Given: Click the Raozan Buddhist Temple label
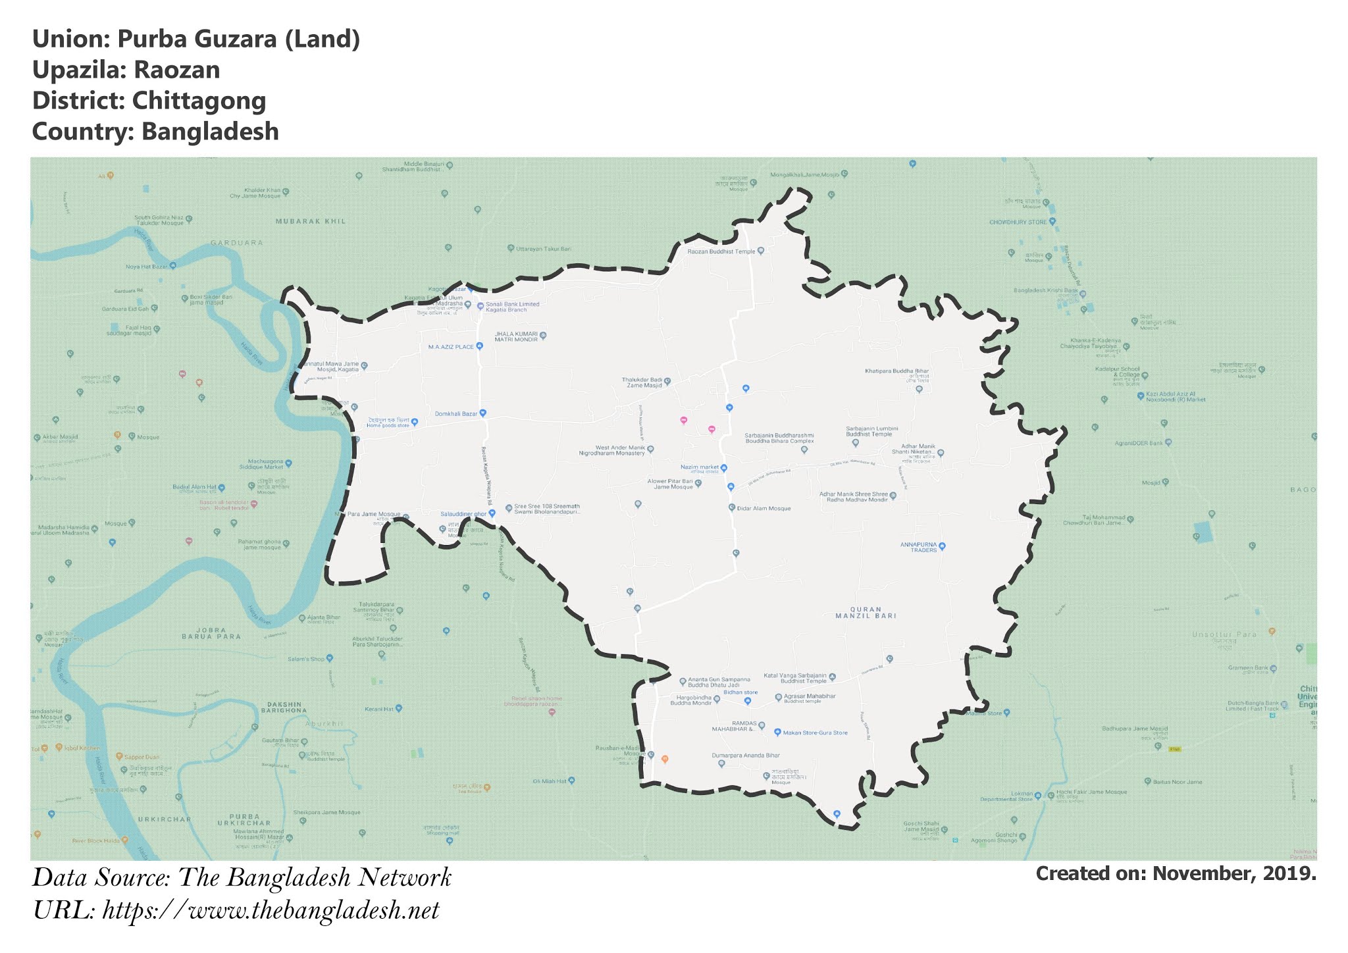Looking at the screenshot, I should pyautogui.click(x=721, y=251).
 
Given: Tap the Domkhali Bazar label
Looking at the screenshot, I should pyautogui.click(x=455, y=414).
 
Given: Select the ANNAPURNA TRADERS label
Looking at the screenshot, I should pyautogui.click(x=918, y=547).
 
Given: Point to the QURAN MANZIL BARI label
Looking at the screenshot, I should pyautogui.click(x=866, y=613).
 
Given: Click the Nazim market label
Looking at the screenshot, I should pyautogui.click(x=700, y=467).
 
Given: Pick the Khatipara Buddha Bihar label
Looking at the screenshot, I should pyautogui.click(x=896, y=371).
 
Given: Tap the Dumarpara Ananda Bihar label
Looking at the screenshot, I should pyautogui.click(x=745, y=756).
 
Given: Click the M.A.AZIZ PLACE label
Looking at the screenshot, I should pyautogui.click(x=451, y=346).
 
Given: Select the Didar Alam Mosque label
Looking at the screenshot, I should pyautogui.click(x=764, y=508).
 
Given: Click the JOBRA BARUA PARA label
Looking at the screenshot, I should pyautogui.click(x=211, y=633).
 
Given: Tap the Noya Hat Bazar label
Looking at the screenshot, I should pyautogui.click(x=147, y=267).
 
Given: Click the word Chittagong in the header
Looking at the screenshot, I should pyautogui.click(x=199, y=101).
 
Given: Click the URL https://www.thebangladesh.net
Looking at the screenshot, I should pyautogui.click(x=271, y=911).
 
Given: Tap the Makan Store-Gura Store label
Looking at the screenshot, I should pyautogui.click(x=815, y=733).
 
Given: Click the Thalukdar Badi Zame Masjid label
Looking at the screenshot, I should pyautogui.click(x=642, y=382).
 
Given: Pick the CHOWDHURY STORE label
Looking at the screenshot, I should pyautogui.click(x=1018, y=222).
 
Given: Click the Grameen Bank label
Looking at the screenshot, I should pyautogui.click(x=1248, y=668).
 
